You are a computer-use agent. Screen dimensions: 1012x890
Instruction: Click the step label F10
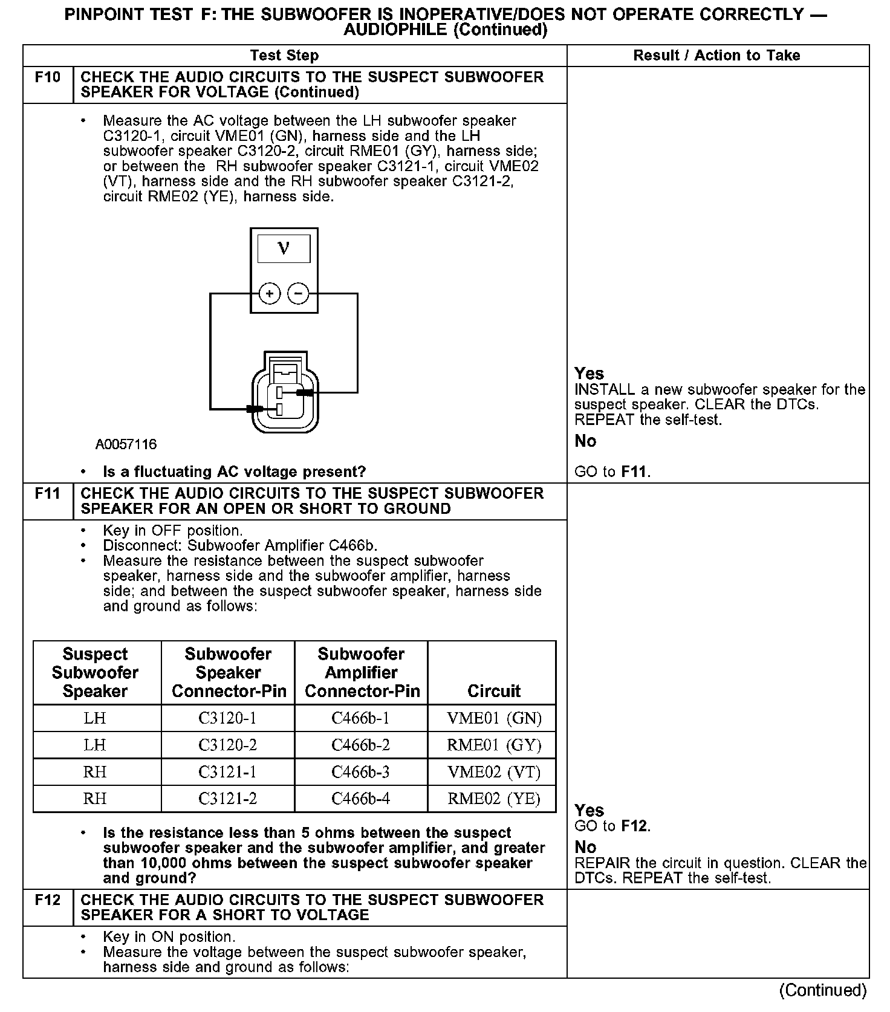click(48, 77)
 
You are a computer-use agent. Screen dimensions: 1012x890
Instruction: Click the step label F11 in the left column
click(48, 494)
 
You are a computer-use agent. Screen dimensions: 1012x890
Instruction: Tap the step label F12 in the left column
click(48, 900)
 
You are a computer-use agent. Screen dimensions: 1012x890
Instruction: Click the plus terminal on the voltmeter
click(270, 294)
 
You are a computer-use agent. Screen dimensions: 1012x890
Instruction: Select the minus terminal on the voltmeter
click(298, 294)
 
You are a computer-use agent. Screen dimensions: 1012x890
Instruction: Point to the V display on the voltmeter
click(284, 248)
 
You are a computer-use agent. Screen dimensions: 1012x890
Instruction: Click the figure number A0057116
click(126, 445)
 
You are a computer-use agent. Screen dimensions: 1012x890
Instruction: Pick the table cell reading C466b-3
click(361, 772)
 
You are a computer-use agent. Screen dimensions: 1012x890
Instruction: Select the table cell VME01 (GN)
click(494, 718)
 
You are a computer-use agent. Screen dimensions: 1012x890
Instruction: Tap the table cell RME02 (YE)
click(494, 799)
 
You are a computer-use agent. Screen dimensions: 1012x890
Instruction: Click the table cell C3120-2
click(228, 745)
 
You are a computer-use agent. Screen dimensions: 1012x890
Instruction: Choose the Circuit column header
click(494, 691)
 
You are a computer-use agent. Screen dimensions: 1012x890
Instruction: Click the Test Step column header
click(284, 56)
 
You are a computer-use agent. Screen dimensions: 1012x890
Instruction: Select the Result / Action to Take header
click(716, 56)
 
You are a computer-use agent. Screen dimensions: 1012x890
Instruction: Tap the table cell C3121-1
click(228, 772)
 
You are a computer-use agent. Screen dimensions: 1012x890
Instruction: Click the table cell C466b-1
click(361, 718)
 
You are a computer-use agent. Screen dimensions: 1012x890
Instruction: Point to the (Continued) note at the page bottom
click(823, 990)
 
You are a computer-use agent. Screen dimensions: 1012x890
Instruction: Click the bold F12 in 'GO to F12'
click(634, 826)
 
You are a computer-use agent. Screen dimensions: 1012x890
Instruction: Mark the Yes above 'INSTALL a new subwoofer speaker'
click(589, 374)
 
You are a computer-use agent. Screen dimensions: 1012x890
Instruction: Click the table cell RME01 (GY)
click(494, 745)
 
